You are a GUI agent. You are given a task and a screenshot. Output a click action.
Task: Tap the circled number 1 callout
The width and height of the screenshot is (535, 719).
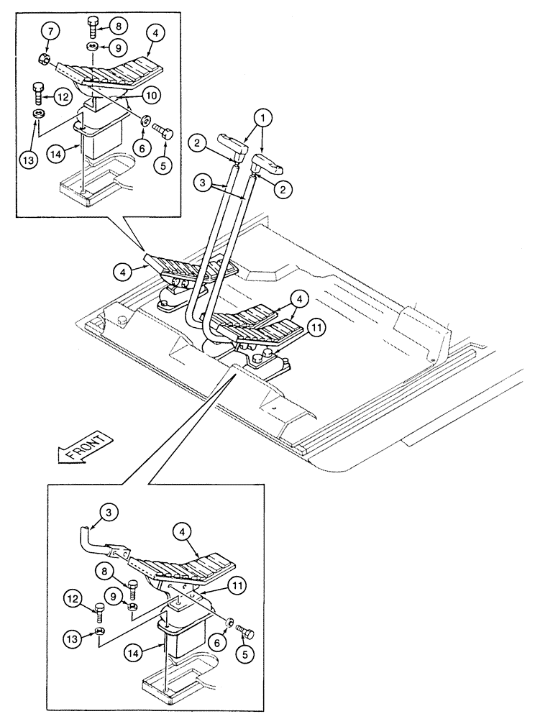(x=265, y=116)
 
